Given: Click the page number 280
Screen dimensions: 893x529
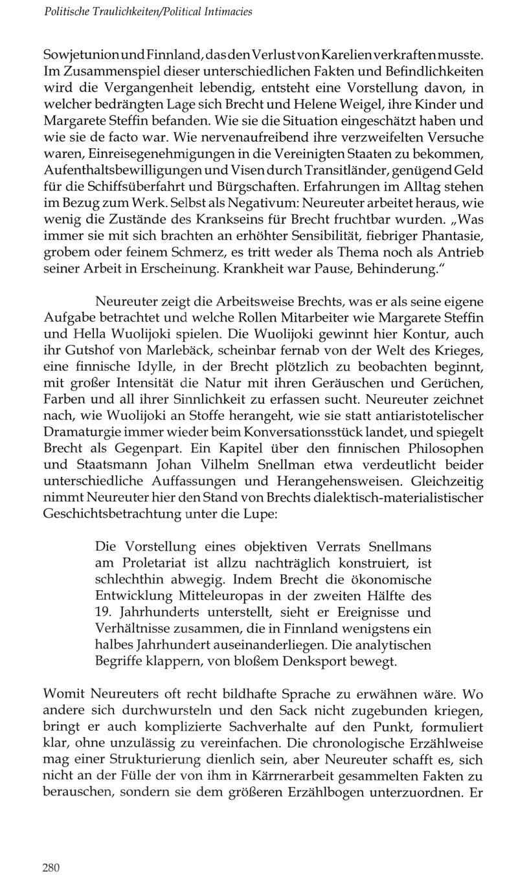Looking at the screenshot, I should click(51, 868).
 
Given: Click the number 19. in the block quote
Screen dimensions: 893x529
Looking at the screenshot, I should click(104, 613).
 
